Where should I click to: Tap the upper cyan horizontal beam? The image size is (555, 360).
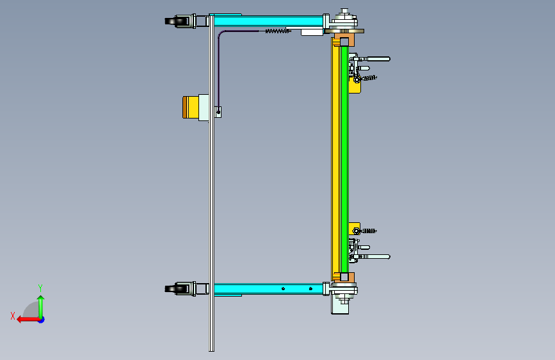[x=268, y=20]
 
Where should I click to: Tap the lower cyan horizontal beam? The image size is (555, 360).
[x=268, y=289]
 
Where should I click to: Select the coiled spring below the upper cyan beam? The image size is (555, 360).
[x=278, y=31]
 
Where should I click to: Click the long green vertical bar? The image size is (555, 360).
[x=344, y=160]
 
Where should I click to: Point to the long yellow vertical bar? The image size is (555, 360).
[x=335, y=160]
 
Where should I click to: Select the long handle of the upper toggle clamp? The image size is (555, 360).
[x=378, y=59]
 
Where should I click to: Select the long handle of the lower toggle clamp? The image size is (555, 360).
[x=378, y=256]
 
